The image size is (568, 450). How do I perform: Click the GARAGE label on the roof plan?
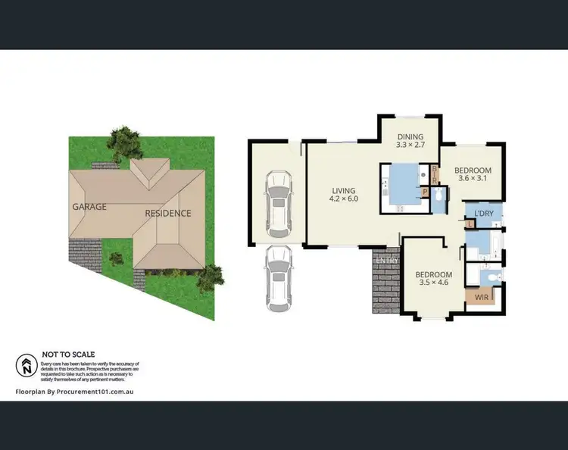point(89,206)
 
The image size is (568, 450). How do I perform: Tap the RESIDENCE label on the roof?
point(168,213)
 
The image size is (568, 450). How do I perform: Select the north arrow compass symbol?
point(27,366)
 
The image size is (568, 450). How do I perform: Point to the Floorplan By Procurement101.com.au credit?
point(74,392)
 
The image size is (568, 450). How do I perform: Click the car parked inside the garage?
point(278,203)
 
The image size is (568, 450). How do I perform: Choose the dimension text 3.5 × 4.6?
point(433,283)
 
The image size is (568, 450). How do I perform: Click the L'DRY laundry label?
point(483,214)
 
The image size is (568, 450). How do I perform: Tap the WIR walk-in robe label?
point(481,298)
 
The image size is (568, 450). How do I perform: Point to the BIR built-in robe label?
point(435,174)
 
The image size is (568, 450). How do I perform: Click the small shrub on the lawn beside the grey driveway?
point(117,258)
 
